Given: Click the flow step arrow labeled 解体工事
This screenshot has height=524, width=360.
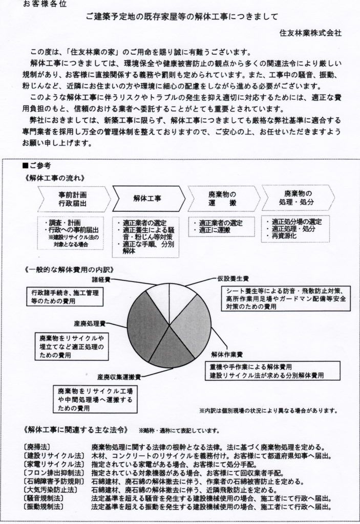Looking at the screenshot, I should coord(148,199).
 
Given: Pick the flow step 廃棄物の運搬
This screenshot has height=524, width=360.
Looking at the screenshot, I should coord(222,199).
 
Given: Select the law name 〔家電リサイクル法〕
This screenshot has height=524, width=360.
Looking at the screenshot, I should coord(50,464).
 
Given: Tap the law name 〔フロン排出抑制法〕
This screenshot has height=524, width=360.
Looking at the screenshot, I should coord(50,473).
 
